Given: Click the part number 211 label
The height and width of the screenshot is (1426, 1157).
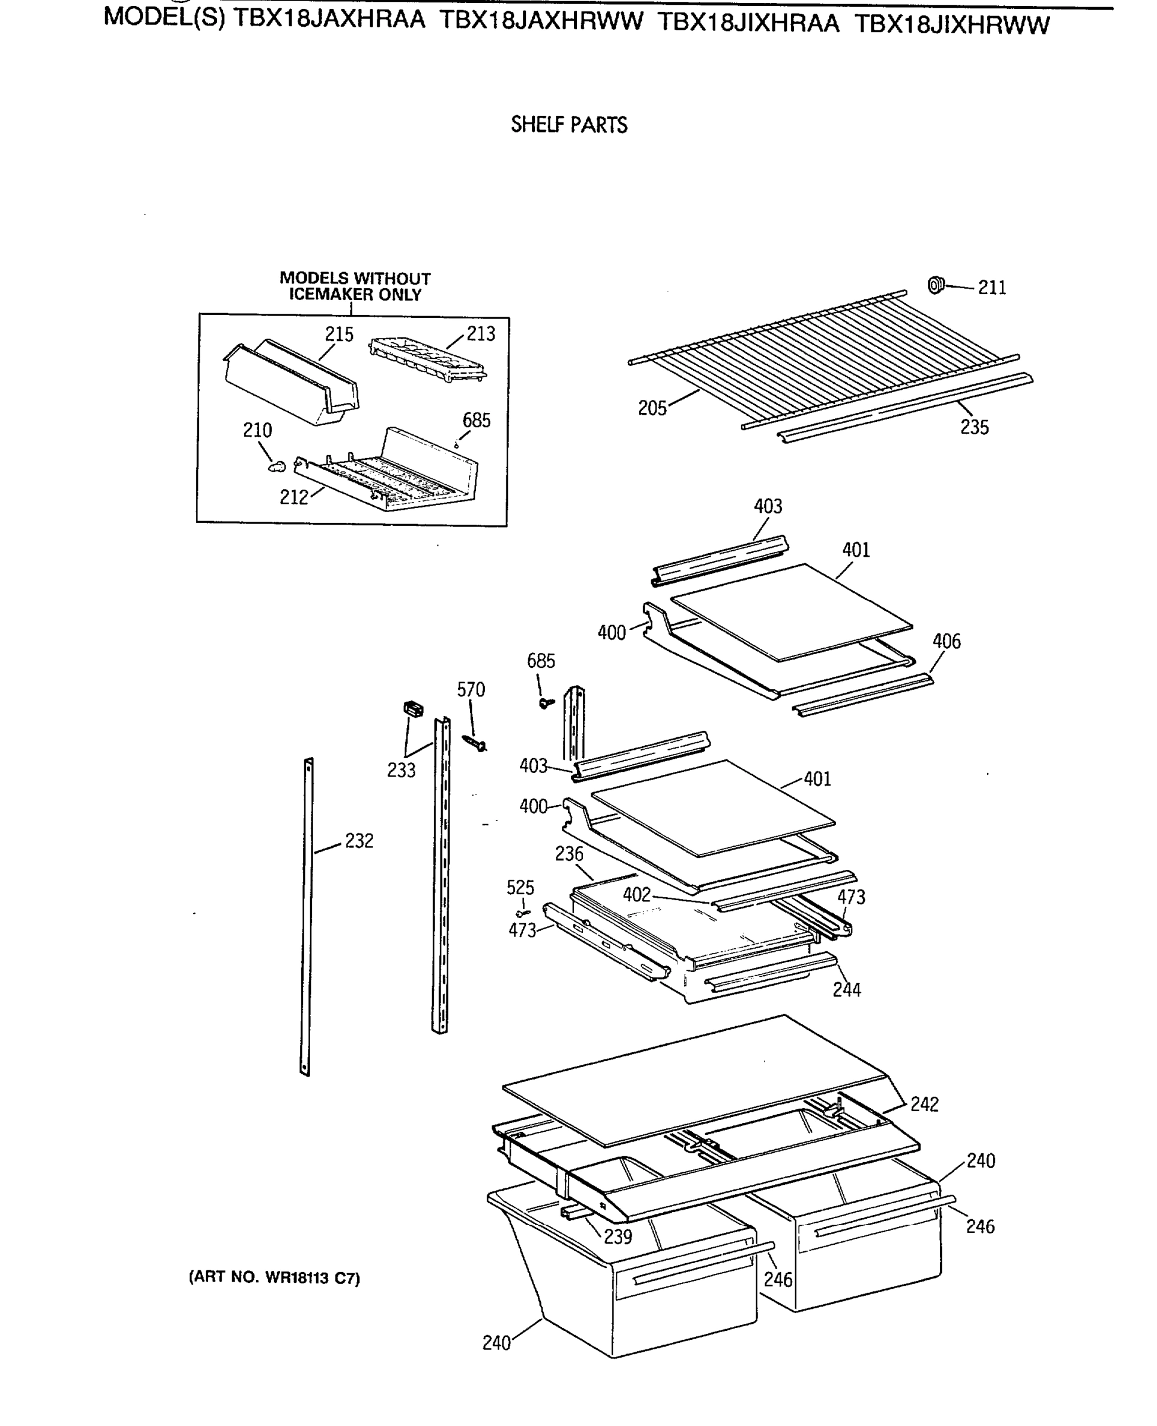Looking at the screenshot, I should click(992, 288).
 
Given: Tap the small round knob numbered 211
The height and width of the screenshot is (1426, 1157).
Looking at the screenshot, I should click(936, 285).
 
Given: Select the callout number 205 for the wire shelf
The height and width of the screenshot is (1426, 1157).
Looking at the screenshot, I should click(652, 408).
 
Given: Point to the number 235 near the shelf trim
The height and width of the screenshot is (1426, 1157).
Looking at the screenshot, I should click(974, 427).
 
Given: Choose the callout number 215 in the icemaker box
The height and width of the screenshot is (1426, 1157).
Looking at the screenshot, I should click(339, 335).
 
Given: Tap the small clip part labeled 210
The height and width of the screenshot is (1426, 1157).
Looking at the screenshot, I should click(276, 466).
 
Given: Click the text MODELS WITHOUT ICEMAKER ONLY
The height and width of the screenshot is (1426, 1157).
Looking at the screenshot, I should click(355, 286).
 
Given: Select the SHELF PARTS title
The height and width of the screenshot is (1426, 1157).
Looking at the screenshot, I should click(569, 125).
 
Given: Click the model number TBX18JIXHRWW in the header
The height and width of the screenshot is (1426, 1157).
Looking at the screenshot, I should click(952, 24).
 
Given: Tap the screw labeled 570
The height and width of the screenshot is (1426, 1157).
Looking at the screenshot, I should click(475, 743).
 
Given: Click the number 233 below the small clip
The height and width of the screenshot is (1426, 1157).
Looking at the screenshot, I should click(401, 770).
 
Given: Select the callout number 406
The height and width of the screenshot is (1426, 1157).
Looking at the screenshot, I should click(945, 642).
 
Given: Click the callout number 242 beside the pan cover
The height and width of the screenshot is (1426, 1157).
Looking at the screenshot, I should click(925, 1105).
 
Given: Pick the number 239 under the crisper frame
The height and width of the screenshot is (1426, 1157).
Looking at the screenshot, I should click(618, 1236).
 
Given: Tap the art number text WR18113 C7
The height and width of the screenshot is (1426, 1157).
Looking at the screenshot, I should click(274, 1278).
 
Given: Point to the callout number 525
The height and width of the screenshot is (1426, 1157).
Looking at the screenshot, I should click(520, 888).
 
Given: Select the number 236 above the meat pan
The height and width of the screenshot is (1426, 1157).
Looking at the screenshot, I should click(569, 854).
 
